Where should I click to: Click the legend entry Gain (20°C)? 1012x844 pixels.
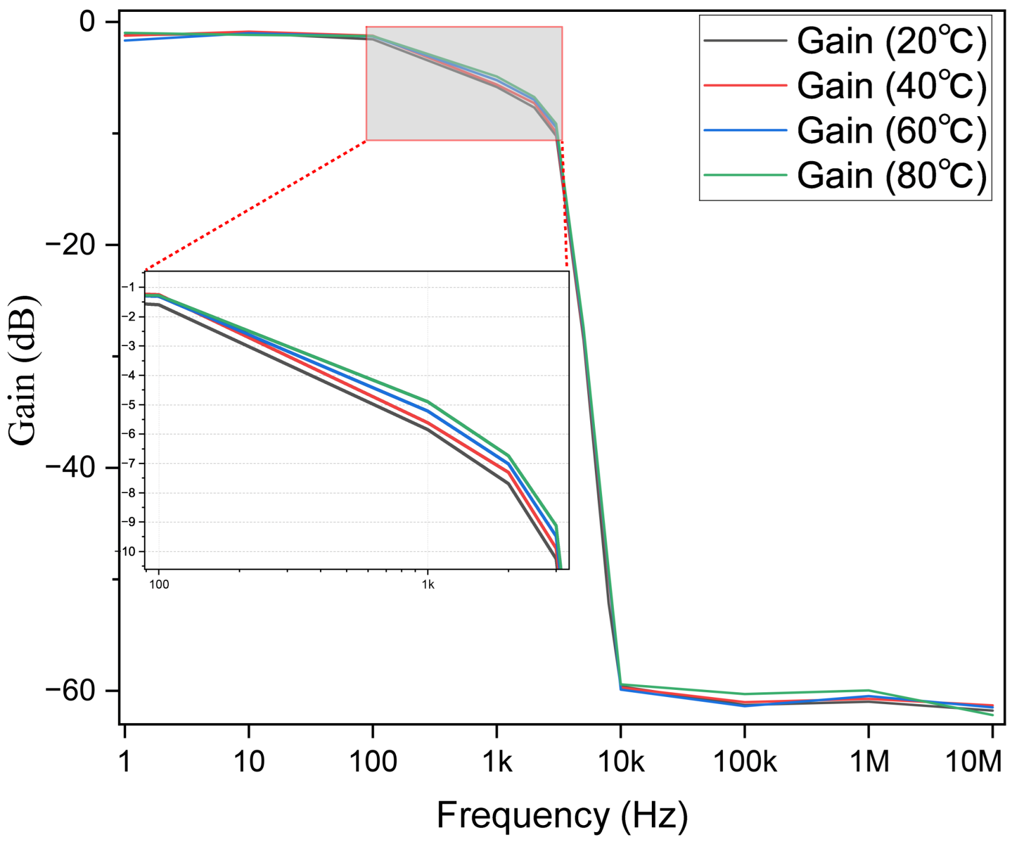[x=846, y=41]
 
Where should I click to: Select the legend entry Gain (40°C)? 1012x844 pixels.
[x=846, y=86]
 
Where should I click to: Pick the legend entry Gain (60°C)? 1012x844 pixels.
[x=846, y=130]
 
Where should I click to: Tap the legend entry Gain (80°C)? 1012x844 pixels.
[x=846, y=175]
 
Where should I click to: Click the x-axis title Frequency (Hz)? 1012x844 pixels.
[x=562, y=816]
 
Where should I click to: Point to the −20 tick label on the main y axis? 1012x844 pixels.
[x=70, y=244]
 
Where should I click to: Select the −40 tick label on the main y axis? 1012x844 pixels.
[x=70, y=467]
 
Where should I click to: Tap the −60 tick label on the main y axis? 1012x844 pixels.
[x=70, y=690]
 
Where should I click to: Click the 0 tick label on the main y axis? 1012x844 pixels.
[x=87, y=22]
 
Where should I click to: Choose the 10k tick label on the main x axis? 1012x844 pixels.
[x=621, y=761]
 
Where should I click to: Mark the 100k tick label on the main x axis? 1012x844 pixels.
[x=745, y=761]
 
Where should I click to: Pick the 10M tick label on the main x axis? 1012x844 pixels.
[x=973, y=761]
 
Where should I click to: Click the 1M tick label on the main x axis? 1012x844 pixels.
[x=869, y=761]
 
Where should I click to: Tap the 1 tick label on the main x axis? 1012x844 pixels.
[x=124, y=761]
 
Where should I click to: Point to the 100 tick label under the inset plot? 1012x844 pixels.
[x=159, y=585]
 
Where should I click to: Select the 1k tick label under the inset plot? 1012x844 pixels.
[x=428, y=585]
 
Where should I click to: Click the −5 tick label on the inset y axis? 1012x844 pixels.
[x=129, y=405]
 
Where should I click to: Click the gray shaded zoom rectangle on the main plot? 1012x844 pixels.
[x=464, y=84]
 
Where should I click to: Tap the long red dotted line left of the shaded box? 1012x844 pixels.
[x=256, y=206]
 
